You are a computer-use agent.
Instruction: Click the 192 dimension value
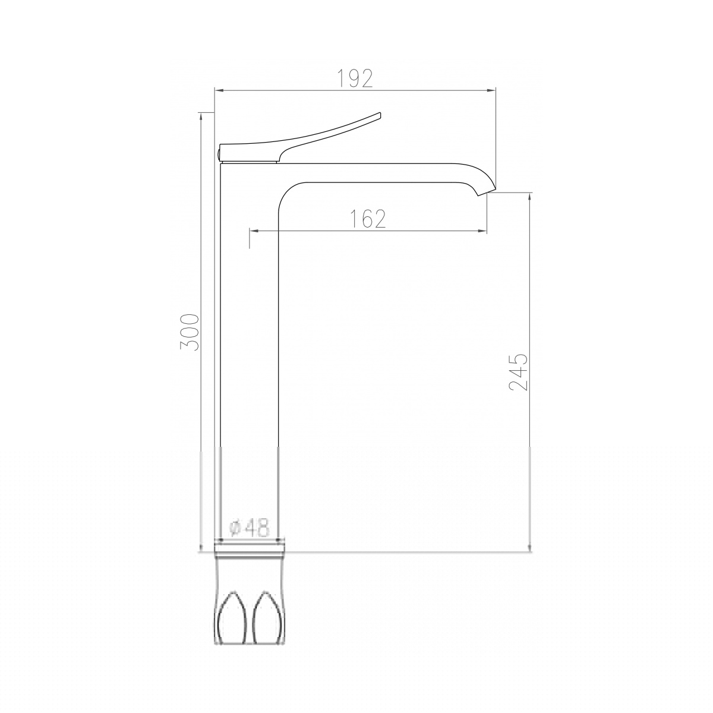(x=355, y=78)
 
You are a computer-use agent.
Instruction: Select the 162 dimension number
(x=368, y=219)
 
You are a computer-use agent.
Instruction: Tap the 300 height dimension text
(x=190, y=332)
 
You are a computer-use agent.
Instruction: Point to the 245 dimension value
(x=518, y=372)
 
